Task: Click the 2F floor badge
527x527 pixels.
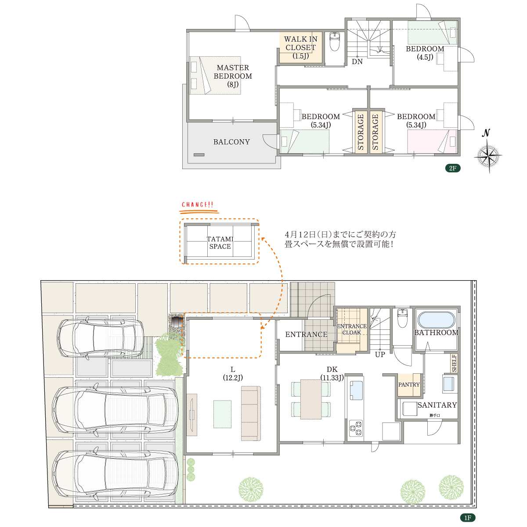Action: (x=453, y=168)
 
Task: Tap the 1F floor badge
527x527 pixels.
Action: (x=468, y=517)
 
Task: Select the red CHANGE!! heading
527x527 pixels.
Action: (x=198, y=205)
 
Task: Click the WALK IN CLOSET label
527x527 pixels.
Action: (x=300, y=47)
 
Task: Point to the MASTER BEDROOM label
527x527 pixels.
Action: (x=233, y=76)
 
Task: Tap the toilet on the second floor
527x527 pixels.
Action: (x=335, y=42)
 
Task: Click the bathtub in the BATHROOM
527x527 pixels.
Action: (x=436, y=319)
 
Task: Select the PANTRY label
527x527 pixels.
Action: (x=409, y=385)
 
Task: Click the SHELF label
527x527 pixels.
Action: (x=454, y=363)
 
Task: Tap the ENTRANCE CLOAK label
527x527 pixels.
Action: (x=352, y=329)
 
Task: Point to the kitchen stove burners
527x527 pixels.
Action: (x=356, y=428)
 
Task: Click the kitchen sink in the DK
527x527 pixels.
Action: (x=356, y=390)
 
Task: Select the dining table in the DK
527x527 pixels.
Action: (x=311, y=399)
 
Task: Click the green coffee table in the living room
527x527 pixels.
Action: (x=222, y=414)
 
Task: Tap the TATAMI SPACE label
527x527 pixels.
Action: (x=220, y=242)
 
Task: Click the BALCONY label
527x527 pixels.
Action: (x=231, y=142)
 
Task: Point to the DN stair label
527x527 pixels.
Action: (x=357, y=61)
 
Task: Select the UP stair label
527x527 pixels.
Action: (x=380, y=355)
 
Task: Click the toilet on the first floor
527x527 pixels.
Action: (x=403, y=318)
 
